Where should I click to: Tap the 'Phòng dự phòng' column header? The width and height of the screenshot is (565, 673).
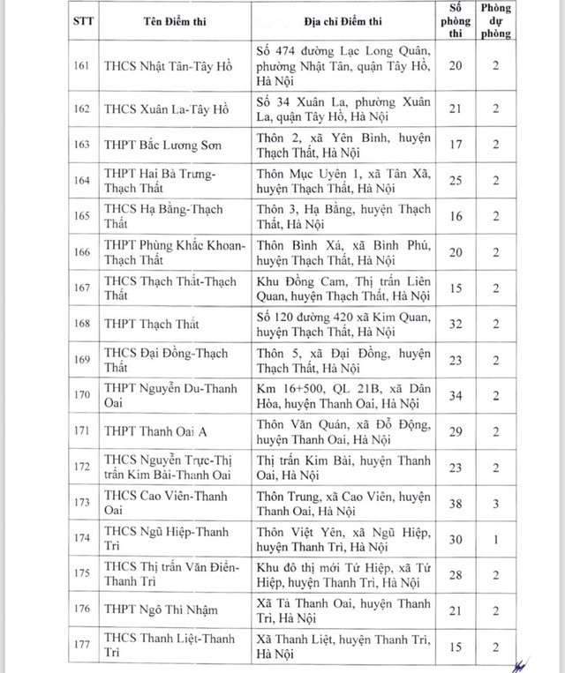[x=496, y=21]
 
